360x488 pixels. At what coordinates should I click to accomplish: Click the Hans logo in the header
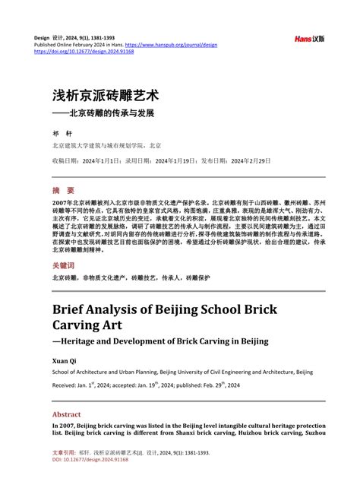(309, 38)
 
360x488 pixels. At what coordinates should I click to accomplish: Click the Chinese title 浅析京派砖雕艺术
(105, 97)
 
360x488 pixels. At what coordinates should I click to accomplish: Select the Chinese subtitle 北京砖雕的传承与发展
(111, 113)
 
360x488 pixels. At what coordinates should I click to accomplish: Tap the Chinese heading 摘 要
(63, 190)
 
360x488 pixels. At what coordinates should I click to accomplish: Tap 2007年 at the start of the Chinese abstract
(62, 204)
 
